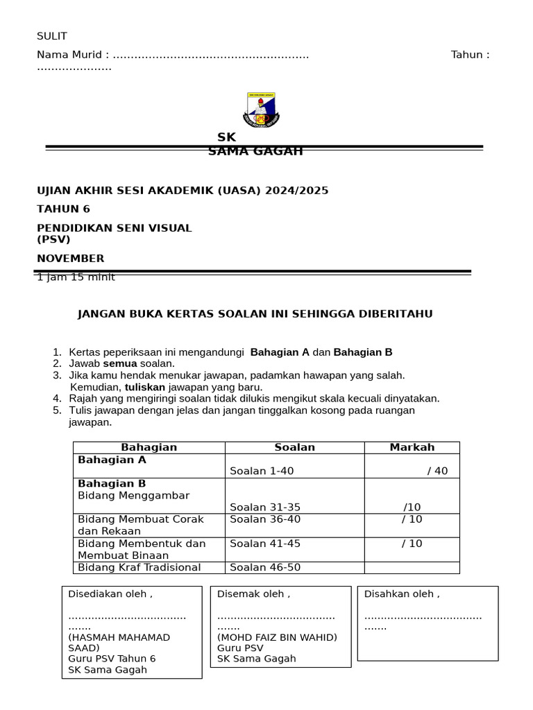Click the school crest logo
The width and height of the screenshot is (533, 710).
tap(261, 110)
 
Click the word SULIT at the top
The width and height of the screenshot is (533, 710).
tap(52, 37)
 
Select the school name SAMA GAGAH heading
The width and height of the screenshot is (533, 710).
tap(255, 151)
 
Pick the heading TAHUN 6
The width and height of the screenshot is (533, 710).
tap(63, 209)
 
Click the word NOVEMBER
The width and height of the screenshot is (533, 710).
tap(71, 259)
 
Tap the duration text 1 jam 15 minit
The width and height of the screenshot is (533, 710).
tap(76, 277)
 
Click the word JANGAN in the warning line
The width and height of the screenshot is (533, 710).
tap(101, 314)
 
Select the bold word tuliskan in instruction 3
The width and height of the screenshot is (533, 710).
tap(144, 387)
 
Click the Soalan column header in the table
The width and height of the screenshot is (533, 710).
tap(294, 447)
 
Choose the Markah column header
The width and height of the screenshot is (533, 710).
tap(412, 447)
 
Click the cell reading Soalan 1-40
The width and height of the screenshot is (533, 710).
tap(262, 471)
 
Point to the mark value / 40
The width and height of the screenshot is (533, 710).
tap(437, 471)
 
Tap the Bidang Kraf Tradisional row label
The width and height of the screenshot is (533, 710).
tap(139, 567)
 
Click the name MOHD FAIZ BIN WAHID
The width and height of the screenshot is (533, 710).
tap(277, 637)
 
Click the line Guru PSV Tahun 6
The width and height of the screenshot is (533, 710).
tap(112, 659)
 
